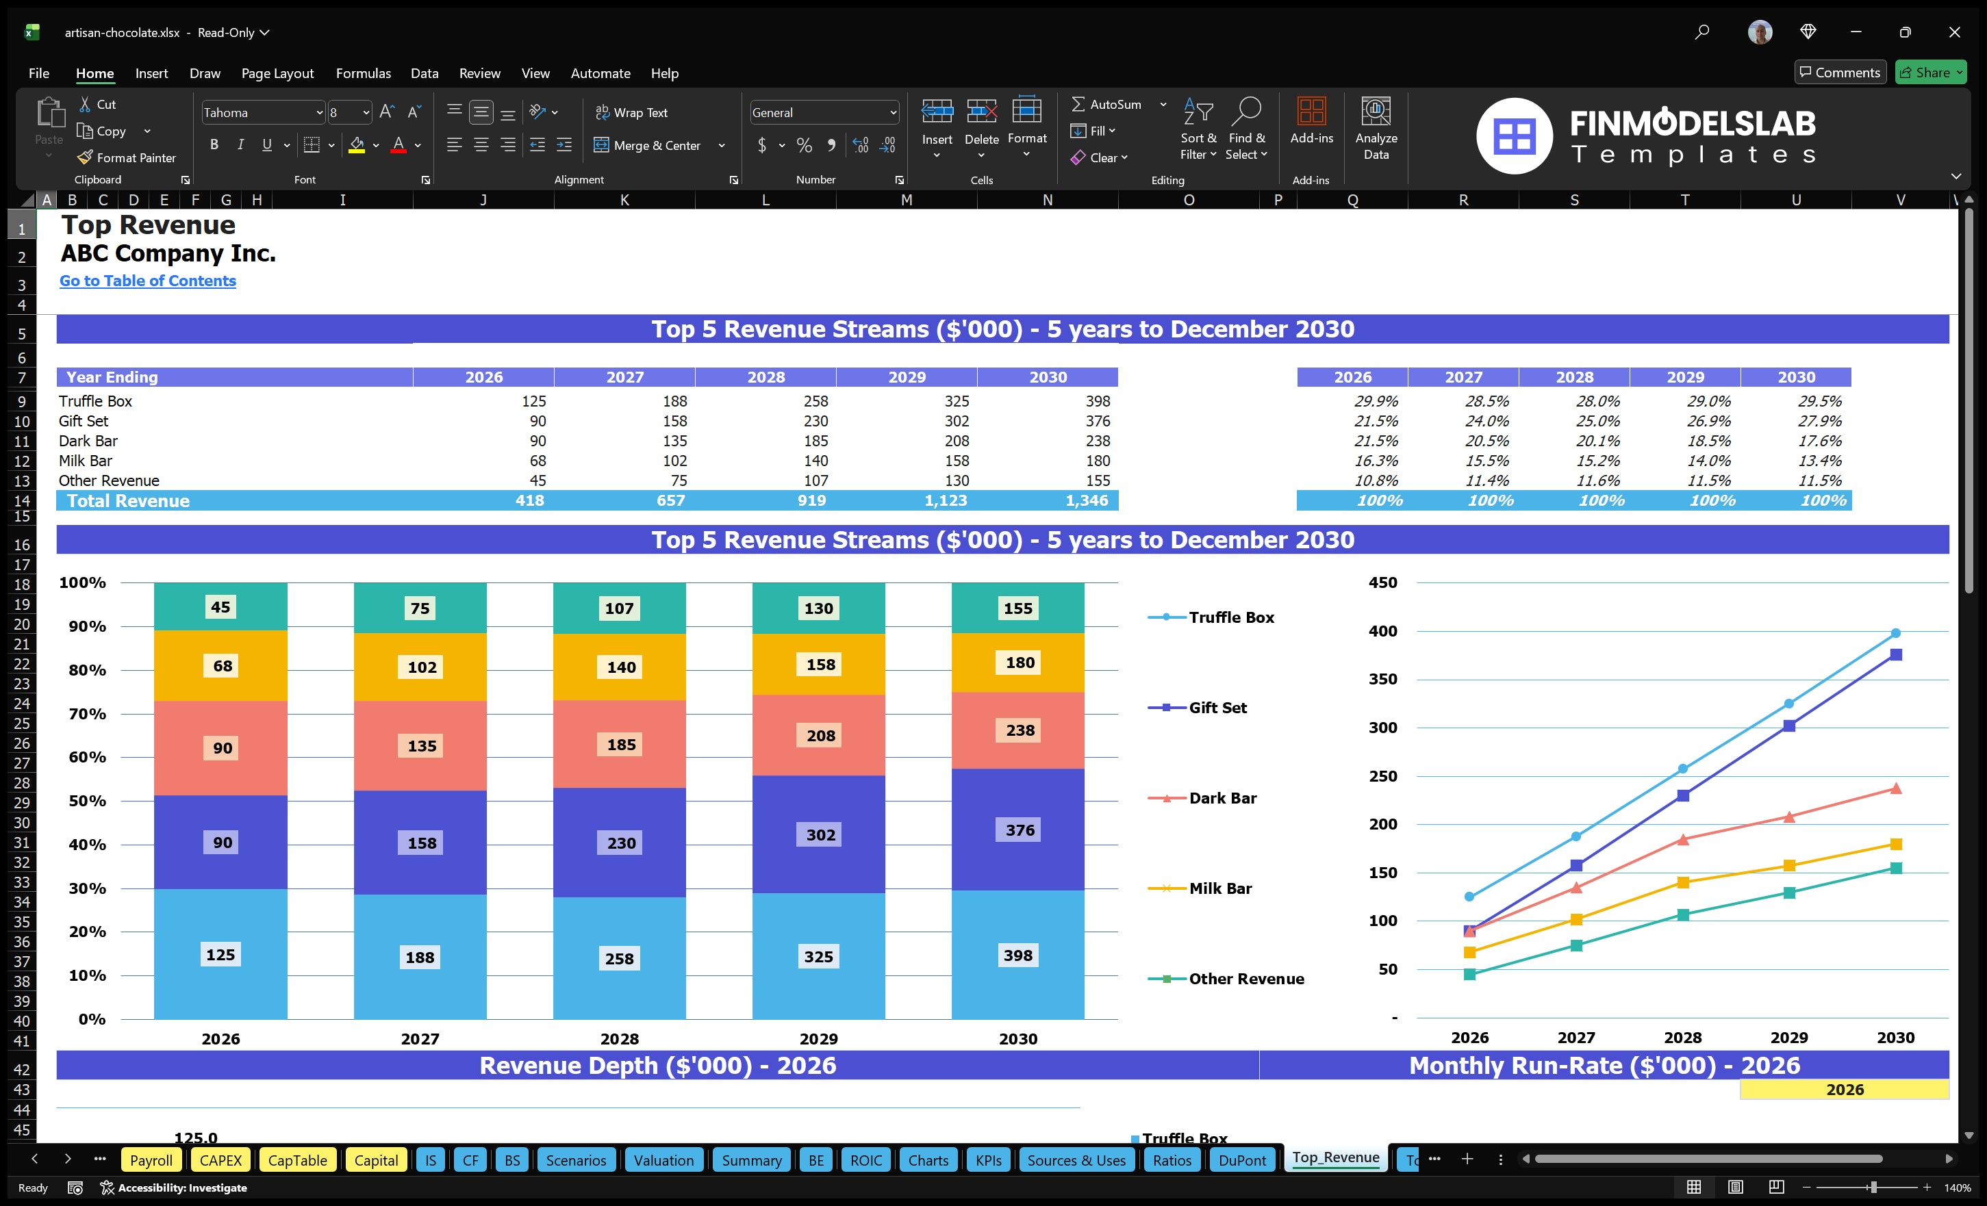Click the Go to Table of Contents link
click(148, 281)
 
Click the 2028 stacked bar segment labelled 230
click(620, 843)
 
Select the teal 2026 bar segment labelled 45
click(220, 607)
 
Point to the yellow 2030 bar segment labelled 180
click(1019, 663)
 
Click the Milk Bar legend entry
click(1219, 888)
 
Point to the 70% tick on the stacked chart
click(87, 713)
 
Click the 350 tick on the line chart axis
click(1382, 679)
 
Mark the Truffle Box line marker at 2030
click(1895, 634)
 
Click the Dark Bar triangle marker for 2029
click(1788, 817)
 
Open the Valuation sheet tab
click(663, 1160)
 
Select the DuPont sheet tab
click(1241, 1160)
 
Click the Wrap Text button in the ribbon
click(631, 113)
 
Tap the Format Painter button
click(127, 158)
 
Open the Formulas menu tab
click(363, 73)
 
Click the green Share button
click(1929, 73)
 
